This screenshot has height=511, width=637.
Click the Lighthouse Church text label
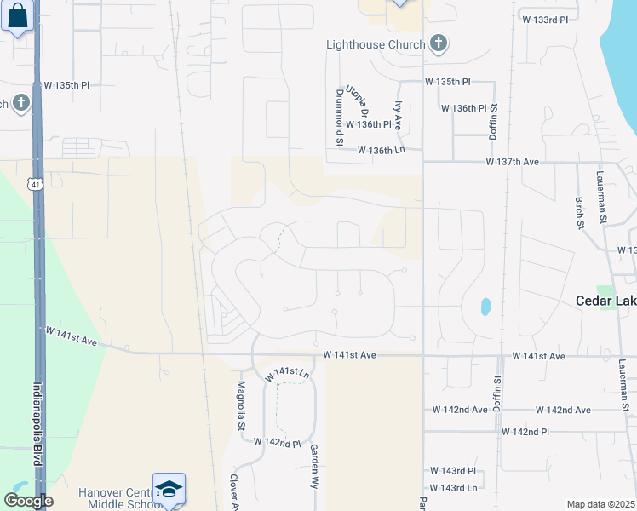376,44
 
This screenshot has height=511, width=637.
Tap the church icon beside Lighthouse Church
438,44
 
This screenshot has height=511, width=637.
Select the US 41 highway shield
32,183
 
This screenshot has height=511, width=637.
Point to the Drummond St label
338,118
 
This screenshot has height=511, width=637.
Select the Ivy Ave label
398,116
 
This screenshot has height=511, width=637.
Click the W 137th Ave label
513,161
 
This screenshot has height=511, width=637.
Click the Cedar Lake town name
605,301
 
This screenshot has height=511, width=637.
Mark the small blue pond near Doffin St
485,306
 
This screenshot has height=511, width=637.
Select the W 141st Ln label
286,373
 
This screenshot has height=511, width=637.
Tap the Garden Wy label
314,465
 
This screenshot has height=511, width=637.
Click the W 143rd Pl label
454,470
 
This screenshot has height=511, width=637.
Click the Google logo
28,501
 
